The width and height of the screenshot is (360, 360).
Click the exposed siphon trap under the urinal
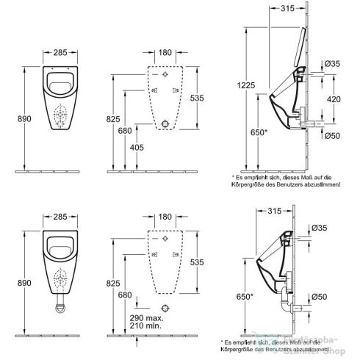(x=62, y=306)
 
